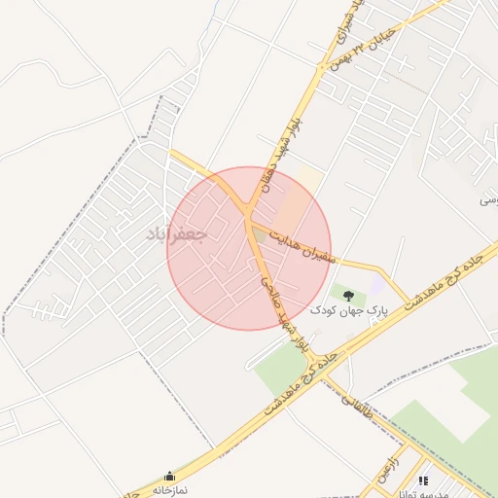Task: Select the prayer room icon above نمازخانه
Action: tap(171, 476)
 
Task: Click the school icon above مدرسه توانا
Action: tap(422, 480)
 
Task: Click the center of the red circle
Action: tap(249, 248)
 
